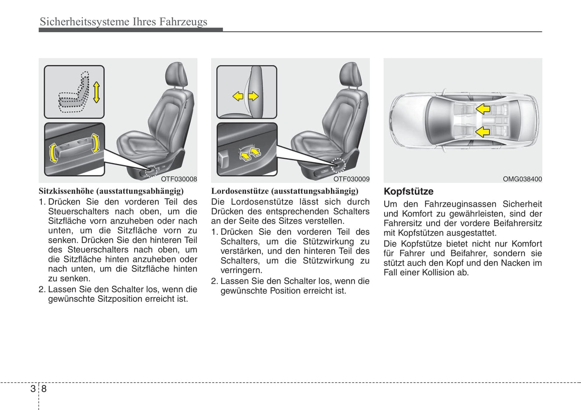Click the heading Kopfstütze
(408, 192)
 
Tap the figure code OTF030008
(179, 179)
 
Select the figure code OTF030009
(351, 179)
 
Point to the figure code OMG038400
(522, 179)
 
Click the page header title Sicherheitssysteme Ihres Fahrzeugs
(123, 22)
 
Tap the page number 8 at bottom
(44, 389)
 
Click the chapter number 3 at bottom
(33, 389)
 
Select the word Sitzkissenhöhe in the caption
(66, 191)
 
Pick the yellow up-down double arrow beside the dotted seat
(96, 92)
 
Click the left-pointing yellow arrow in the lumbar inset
(238, 96)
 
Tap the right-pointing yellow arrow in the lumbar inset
(253, 96)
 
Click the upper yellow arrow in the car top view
(482, 109)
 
